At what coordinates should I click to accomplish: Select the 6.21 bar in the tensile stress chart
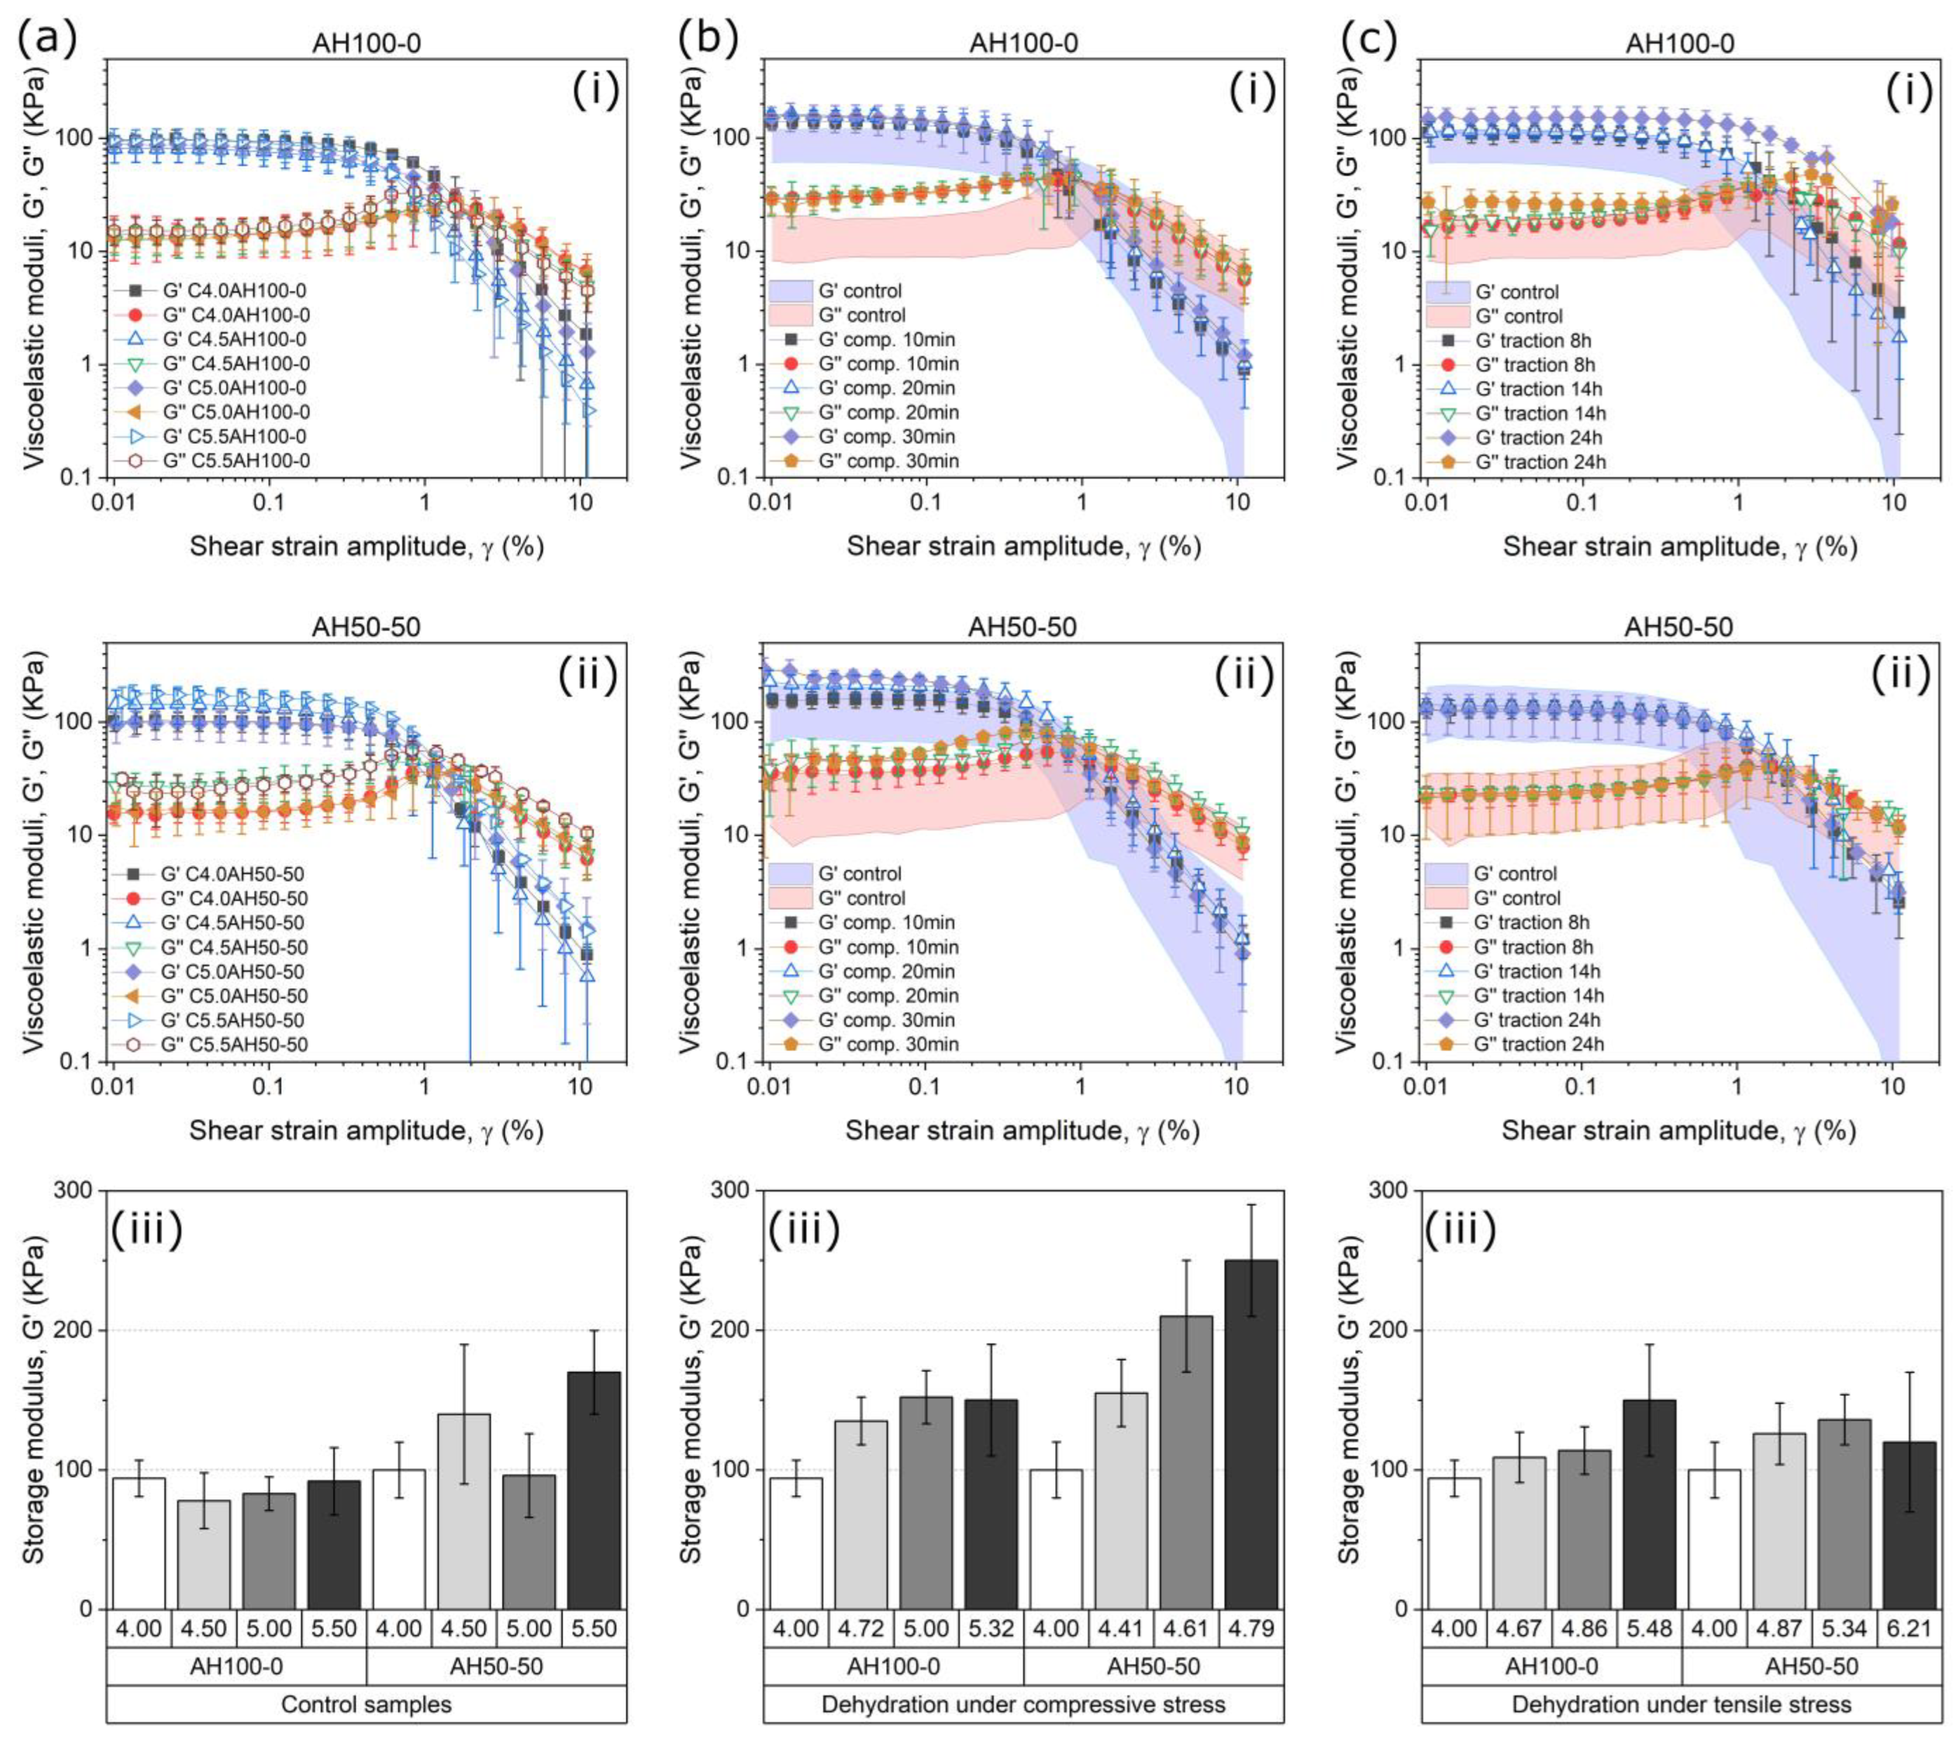(x=1908, y=1524)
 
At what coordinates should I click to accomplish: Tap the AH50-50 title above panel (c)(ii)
(x=1679, y=627)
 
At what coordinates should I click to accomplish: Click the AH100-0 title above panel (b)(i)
(x=1022, y=44)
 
